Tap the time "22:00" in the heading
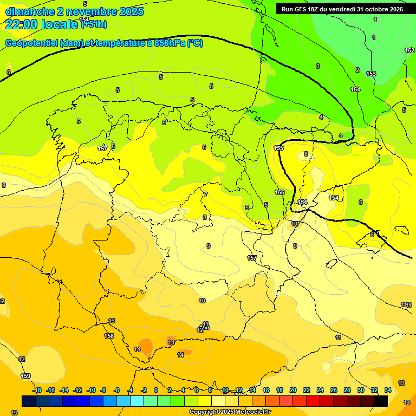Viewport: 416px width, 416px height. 22,24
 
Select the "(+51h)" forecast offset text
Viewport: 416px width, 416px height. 94,24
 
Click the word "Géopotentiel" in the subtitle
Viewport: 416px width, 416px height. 31,43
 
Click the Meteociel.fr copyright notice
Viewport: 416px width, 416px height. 229,412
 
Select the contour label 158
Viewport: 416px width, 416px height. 109,336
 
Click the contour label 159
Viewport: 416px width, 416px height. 25,376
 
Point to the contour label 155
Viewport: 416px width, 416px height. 279,148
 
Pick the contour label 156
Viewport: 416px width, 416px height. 279,192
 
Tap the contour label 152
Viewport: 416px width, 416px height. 409,50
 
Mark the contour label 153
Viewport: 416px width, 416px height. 371,74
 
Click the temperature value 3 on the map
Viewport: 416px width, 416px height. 318,66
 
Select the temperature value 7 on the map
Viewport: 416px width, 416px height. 206,194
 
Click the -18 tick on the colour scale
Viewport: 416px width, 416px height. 37,390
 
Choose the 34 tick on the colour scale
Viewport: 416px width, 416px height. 388,390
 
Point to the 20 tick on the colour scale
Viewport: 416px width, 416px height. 293,390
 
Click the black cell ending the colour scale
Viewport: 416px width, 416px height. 381,401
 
